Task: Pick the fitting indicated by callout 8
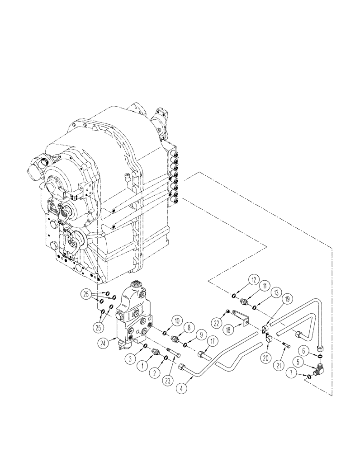point(175,339)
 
